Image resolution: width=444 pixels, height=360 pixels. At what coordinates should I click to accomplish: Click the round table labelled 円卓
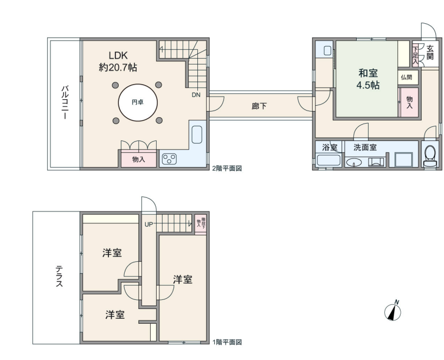(138, 102)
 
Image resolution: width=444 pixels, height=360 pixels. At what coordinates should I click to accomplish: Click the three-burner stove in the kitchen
(169, 159)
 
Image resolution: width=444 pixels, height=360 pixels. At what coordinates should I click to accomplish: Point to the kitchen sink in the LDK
(197, 134)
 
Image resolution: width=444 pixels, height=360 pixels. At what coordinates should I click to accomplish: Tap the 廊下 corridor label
(259, 106)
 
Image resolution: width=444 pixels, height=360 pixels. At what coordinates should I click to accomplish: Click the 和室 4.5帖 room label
(368, 79)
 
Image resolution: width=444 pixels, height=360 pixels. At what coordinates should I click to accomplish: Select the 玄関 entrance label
(430, 53)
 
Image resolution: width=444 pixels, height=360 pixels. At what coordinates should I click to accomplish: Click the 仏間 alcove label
(407, 78)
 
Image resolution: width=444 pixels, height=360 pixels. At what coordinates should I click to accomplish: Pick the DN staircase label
(196, 95)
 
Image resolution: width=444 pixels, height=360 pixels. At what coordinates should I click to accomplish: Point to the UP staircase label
(149, 224)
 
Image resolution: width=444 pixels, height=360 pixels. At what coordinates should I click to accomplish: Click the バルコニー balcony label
(65, 102)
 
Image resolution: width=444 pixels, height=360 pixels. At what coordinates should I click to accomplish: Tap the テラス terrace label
(59, 276)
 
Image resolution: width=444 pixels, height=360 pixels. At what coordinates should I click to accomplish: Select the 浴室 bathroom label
(330, 147)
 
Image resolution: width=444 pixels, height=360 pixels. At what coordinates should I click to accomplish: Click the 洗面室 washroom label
(365, 147)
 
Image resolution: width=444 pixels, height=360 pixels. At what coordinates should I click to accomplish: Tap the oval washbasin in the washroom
(354, 162)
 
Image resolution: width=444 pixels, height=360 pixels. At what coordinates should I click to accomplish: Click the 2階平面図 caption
(227, 169)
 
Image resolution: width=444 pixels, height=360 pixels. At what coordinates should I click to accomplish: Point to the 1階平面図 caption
(227, 343)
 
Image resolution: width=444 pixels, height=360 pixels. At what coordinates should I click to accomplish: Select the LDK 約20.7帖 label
(118, 61)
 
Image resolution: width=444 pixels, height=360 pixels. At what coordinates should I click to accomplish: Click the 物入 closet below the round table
(138, 159)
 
